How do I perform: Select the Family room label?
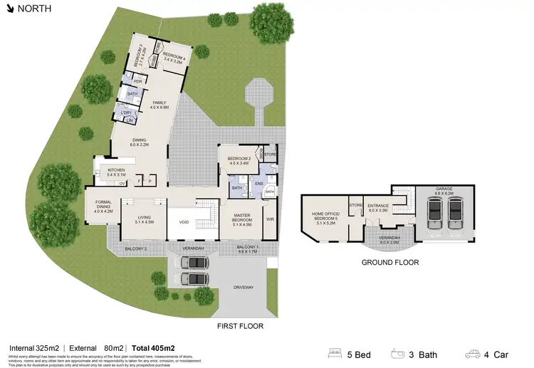[160, 105]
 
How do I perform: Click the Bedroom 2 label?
[238, 160]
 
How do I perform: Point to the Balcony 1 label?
[248, 249]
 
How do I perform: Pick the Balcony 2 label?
[135, 249]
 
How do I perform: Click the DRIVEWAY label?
[244, 288]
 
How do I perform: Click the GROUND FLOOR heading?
[389, 263]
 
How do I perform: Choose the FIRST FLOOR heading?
[240, 327]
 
